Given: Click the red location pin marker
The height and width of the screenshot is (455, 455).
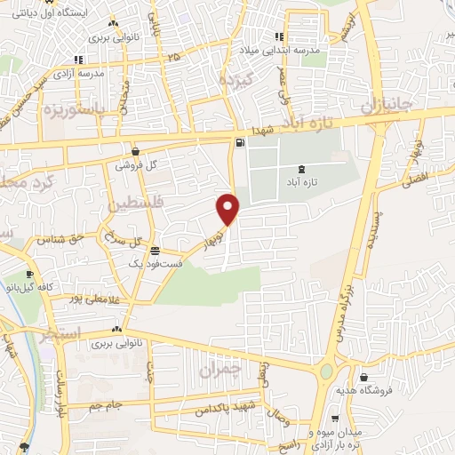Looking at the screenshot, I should click(228, 209).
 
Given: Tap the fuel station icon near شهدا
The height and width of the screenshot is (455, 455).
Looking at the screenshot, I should click(239, 143).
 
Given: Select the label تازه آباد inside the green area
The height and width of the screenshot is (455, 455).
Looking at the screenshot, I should click(304, 182).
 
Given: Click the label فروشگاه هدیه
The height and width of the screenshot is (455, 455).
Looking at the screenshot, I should click(363, 390).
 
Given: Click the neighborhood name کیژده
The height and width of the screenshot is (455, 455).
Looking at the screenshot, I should click(239, 79).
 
